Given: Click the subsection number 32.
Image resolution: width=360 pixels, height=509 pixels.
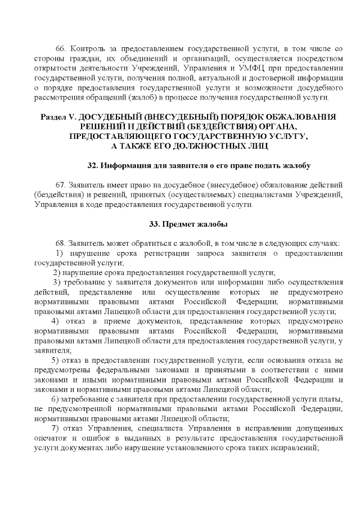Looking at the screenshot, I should [93, 166].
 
